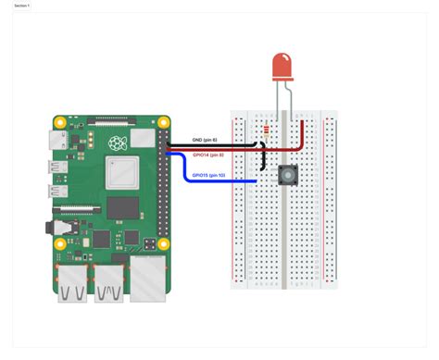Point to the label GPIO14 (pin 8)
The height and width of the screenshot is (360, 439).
208,155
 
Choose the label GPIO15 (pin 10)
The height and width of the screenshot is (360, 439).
208,174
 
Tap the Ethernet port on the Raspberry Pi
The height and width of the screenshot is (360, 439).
147,280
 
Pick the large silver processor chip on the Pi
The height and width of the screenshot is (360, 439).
121,172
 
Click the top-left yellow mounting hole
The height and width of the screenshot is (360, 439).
60,121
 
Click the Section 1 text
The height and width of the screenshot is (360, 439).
22,6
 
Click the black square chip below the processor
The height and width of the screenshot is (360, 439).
121,209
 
